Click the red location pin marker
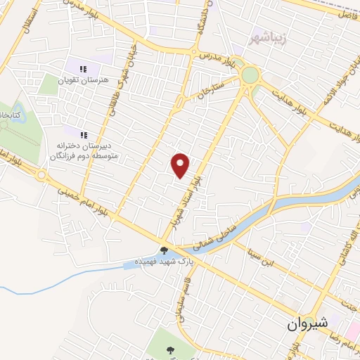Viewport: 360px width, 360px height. [x=181, y=165]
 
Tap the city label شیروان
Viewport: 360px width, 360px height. [x=308, y=325]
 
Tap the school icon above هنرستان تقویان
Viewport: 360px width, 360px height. [x=84, y=70]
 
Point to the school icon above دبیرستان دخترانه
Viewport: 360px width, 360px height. [x=84, y=134]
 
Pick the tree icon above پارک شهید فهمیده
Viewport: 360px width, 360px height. [x=164, y=250]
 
